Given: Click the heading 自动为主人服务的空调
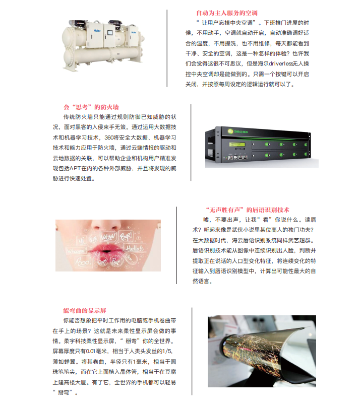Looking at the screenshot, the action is point(227,13).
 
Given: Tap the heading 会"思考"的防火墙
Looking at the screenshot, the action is point(91,107).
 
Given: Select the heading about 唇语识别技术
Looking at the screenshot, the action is point(248,210).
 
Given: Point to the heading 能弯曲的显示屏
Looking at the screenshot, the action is point(85,311).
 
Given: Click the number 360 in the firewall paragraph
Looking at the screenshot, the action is point(109,138).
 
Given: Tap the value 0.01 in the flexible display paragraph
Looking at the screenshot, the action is point(91,351).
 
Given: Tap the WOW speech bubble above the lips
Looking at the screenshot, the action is point(108,237).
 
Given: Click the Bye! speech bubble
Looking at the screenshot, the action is point(126,236).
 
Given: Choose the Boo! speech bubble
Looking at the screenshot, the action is point(83,261).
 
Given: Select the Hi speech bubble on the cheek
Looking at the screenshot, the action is point(81,240).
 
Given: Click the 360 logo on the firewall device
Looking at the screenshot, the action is point(230,131).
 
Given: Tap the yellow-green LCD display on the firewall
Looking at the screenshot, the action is point(237,144).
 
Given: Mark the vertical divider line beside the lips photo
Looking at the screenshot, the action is point(176,245).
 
